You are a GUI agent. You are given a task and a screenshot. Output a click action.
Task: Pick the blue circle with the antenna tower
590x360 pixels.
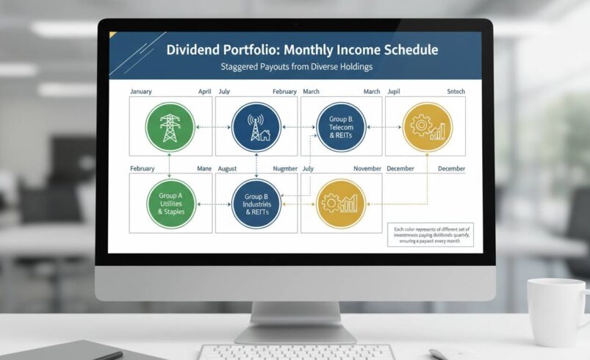256,127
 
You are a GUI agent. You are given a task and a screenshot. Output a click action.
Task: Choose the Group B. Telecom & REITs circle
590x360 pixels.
341,127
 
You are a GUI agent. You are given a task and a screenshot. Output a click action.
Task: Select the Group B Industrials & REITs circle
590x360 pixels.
256,202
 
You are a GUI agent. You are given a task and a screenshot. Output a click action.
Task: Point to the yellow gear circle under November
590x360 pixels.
341,202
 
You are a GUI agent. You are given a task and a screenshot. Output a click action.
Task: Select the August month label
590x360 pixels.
229,169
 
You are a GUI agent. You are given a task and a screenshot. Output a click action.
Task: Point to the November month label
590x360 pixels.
367,169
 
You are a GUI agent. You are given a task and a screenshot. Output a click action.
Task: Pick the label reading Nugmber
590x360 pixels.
284,169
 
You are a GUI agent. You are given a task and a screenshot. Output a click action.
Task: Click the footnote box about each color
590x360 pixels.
431,234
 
